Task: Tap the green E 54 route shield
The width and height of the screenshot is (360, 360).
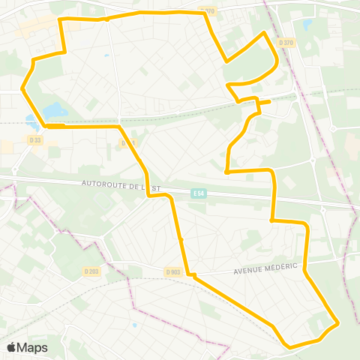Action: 197,193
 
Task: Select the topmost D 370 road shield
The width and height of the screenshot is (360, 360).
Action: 208,10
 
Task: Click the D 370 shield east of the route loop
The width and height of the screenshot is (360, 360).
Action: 286,43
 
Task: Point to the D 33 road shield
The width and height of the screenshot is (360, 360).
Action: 35,139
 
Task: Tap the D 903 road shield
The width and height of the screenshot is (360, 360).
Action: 172,272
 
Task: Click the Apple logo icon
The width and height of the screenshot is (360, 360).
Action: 12,347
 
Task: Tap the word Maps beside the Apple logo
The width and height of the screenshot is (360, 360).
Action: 33,347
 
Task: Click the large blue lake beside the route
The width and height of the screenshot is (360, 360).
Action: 54,111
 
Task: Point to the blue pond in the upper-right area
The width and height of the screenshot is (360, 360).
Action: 306,25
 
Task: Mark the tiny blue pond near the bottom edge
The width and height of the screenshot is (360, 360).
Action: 134,325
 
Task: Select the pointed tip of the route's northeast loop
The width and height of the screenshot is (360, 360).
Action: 263,33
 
